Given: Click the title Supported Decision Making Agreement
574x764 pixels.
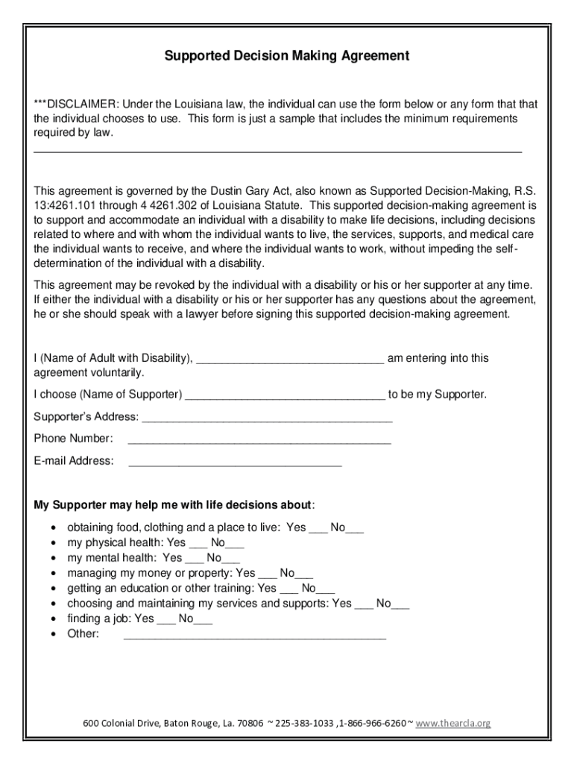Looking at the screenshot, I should click(287, 55).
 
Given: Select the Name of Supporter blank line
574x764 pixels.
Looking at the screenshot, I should click(285, 396).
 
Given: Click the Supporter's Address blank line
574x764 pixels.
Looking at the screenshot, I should click(267, 419).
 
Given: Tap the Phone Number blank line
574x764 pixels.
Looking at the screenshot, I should click(259, 440).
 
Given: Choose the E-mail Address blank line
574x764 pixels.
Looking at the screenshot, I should click(235, 463).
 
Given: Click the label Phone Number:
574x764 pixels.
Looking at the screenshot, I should click(74, 438).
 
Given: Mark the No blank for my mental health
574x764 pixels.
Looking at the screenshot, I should click(231, 560).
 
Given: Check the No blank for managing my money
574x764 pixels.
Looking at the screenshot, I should click(304, 575).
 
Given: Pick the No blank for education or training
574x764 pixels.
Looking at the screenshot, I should click(326, 590).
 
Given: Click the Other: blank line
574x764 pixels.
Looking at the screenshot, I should click(254, 636).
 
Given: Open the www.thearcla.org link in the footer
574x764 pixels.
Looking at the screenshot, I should click(453, 724).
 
